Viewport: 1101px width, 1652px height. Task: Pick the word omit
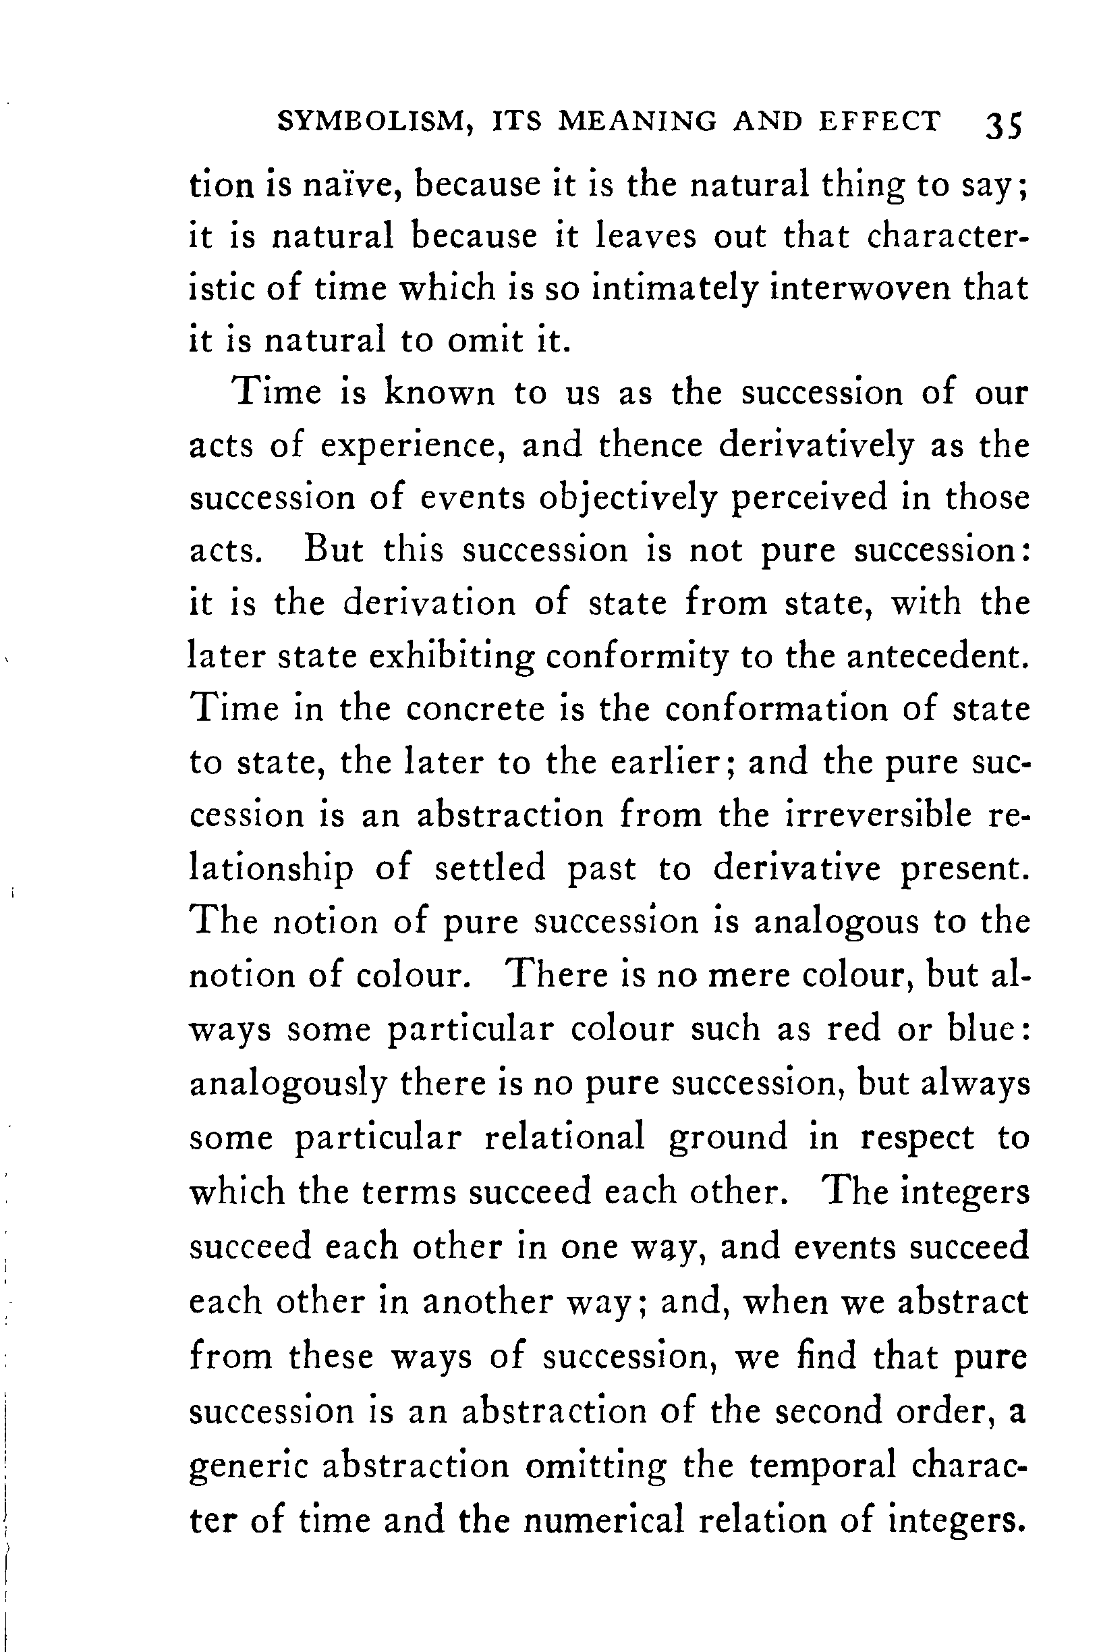485,341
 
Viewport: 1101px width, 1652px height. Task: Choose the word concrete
476,709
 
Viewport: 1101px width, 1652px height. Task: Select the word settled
489,868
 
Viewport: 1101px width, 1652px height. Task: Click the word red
853,1029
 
